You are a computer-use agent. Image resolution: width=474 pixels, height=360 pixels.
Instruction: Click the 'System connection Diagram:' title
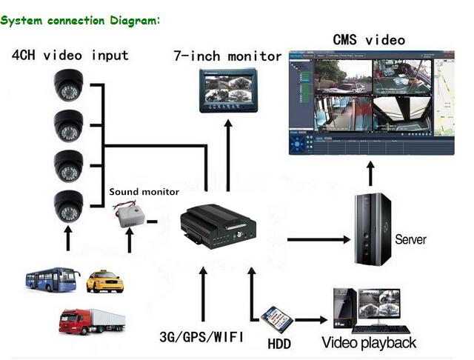[80, 20]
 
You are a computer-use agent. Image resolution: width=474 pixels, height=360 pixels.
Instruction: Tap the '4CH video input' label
[70, 56]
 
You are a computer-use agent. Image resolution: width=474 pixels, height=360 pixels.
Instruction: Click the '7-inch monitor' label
[227, 56]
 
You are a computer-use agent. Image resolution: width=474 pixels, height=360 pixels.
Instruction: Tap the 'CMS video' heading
[370, 39]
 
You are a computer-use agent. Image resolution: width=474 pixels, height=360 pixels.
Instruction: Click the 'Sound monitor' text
[144, 192]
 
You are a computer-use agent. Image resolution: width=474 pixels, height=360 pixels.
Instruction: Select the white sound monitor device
[128, 216]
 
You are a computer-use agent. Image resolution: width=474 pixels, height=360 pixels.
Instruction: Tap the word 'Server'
[411, 239]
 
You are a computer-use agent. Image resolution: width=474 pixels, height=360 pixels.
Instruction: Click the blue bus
[53, 280]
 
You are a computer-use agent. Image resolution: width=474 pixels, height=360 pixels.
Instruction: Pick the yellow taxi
[104, 281]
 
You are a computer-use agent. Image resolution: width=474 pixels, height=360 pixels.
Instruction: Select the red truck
[91, 321]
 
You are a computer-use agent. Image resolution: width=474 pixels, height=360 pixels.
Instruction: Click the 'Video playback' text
[369, 343]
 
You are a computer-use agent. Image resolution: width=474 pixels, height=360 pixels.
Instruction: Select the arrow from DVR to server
[318, 239]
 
